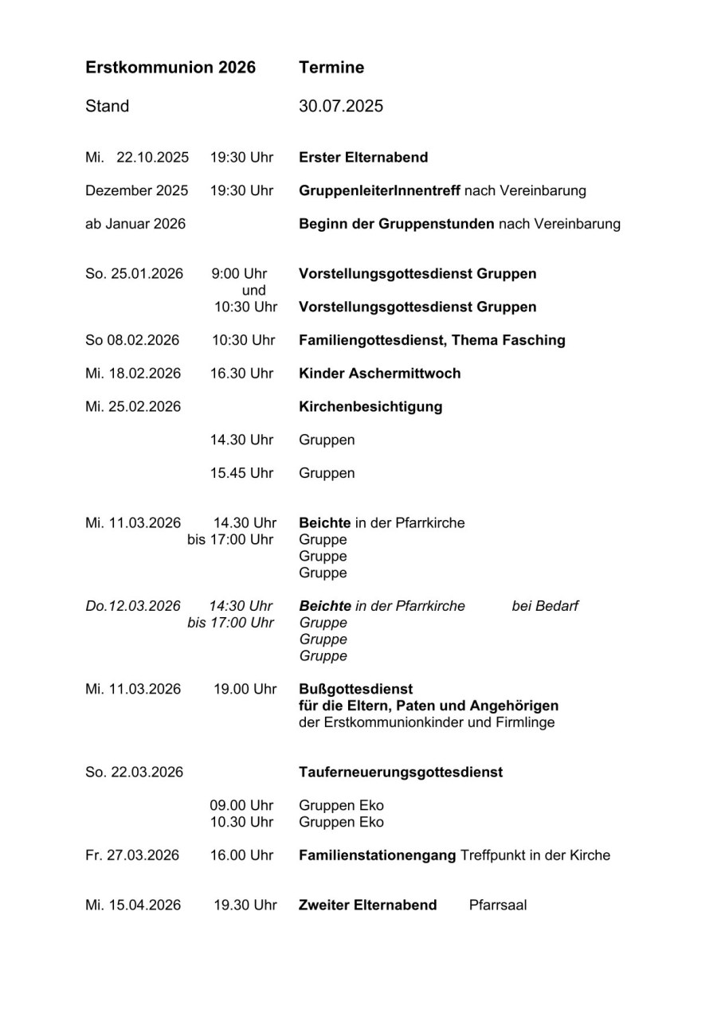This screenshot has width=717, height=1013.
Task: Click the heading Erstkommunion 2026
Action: (x=170, y=68)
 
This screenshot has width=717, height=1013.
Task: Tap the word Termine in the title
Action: (x=331, y=68)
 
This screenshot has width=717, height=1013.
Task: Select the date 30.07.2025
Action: (x=341, y=106)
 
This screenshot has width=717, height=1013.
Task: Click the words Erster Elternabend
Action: (x=363, y=157)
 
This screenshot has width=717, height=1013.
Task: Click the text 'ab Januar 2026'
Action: (x=135, y=224)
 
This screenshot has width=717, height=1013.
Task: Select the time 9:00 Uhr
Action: (x=240, y=273)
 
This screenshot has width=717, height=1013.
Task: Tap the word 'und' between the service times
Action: (x=253, y=291)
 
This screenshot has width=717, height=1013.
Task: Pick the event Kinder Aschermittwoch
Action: (x=379, y=373)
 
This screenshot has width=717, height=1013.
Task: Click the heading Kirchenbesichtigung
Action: (x=370, y=406)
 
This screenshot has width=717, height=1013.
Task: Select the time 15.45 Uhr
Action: (x=241, y=473)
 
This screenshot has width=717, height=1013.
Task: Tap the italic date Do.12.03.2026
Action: (x=133, y=606)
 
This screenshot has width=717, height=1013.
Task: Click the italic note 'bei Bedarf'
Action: (x=545, y=606)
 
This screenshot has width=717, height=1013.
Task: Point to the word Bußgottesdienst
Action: (x=356, y=688)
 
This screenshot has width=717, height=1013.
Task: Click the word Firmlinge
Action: (x=525, y=722)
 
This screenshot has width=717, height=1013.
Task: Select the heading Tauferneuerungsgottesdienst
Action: (x=401, y=772)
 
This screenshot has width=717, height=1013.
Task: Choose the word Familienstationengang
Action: (x=378, y=855)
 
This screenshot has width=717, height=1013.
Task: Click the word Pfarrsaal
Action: (x=498, y=905)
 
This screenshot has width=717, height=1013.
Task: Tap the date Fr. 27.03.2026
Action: (x=132, y=855)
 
